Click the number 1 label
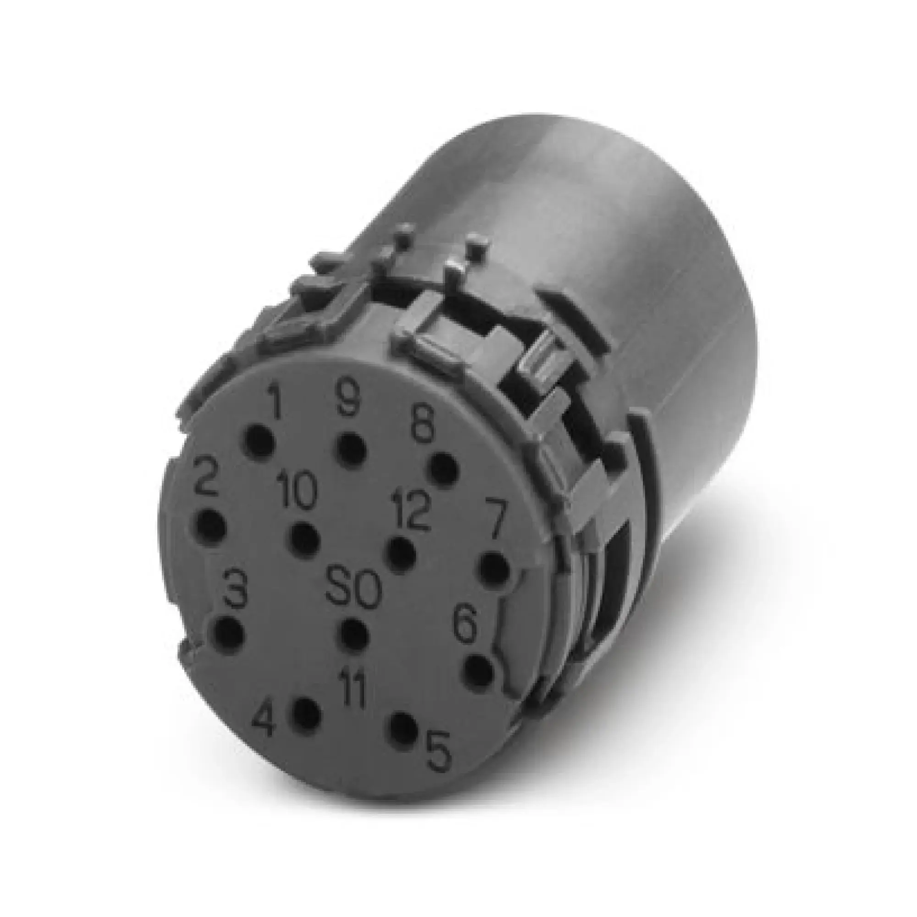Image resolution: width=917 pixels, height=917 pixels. [x=274, y=401]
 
